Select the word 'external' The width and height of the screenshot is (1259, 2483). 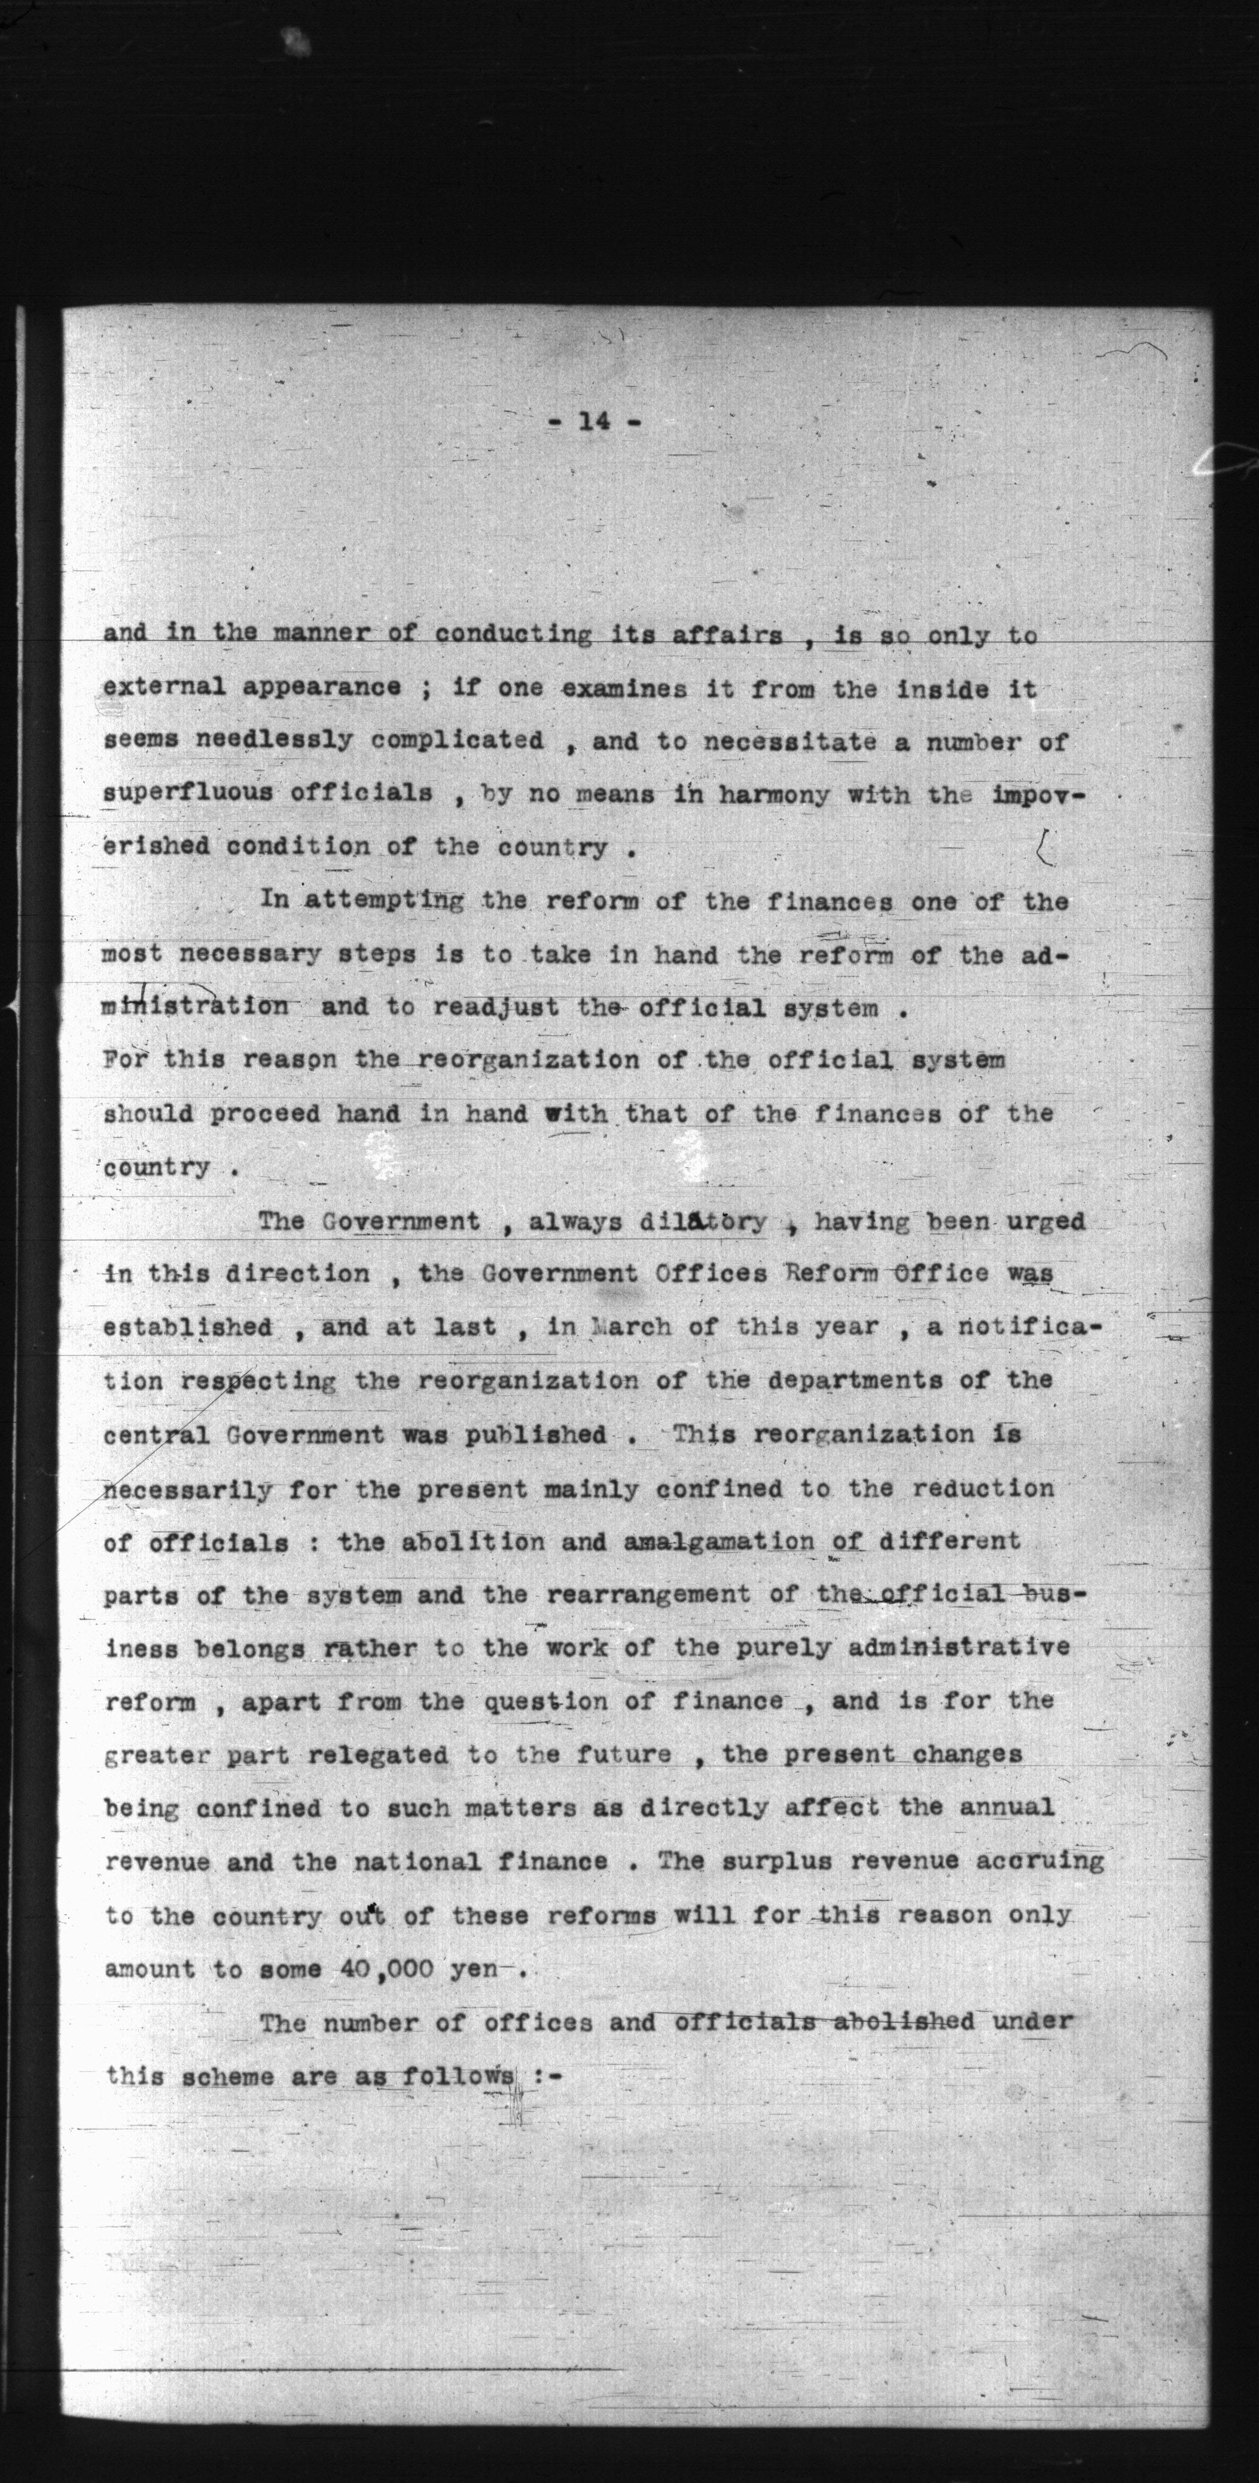click(x=163, y=687)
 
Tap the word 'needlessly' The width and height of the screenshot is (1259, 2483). click(x=274, y=741)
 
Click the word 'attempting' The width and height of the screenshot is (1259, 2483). click(x=383, y=900)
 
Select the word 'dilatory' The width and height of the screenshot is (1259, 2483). click(x=703, y=1221)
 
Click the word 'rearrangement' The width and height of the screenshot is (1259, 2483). click(x=648, y=1594)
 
